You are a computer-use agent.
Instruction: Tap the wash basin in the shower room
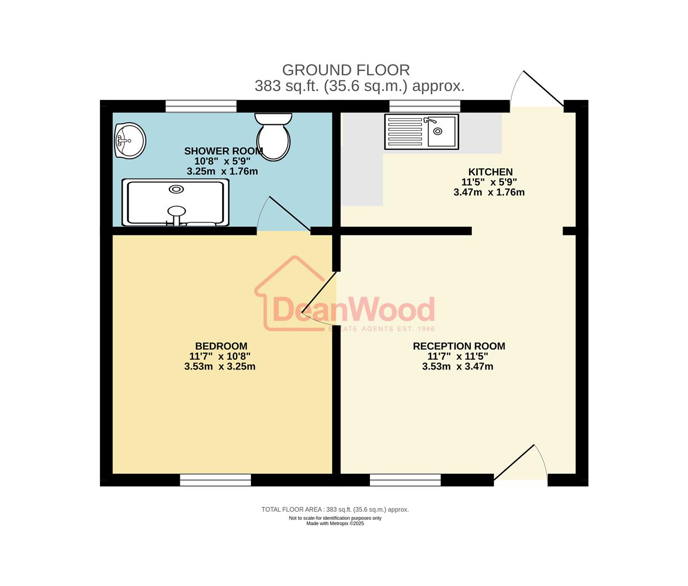(130, 140)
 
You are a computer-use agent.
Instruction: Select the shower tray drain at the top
(176, 189)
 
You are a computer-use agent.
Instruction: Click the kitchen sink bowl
(442, 131)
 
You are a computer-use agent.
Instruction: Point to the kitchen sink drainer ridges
(404, 131)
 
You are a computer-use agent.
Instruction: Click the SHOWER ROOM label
(223, 151)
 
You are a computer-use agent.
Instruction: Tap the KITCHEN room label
(490, 172)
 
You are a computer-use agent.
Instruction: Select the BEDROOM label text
(221, 346)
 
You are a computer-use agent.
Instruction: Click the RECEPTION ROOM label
(459, 346)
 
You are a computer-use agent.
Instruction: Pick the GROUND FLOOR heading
(346, 70)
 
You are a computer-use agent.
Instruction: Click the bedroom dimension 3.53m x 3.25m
(219, 366)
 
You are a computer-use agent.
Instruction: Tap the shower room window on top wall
(200, 106)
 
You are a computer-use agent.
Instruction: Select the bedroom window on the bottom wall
(216, 480)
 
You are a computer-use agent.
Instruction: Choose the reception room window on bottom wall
(405, 480)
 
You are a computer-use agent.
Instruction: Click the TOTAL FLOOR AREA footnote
(334, 509)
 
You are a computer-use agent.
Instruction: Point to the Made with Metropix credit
(335, 524)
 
